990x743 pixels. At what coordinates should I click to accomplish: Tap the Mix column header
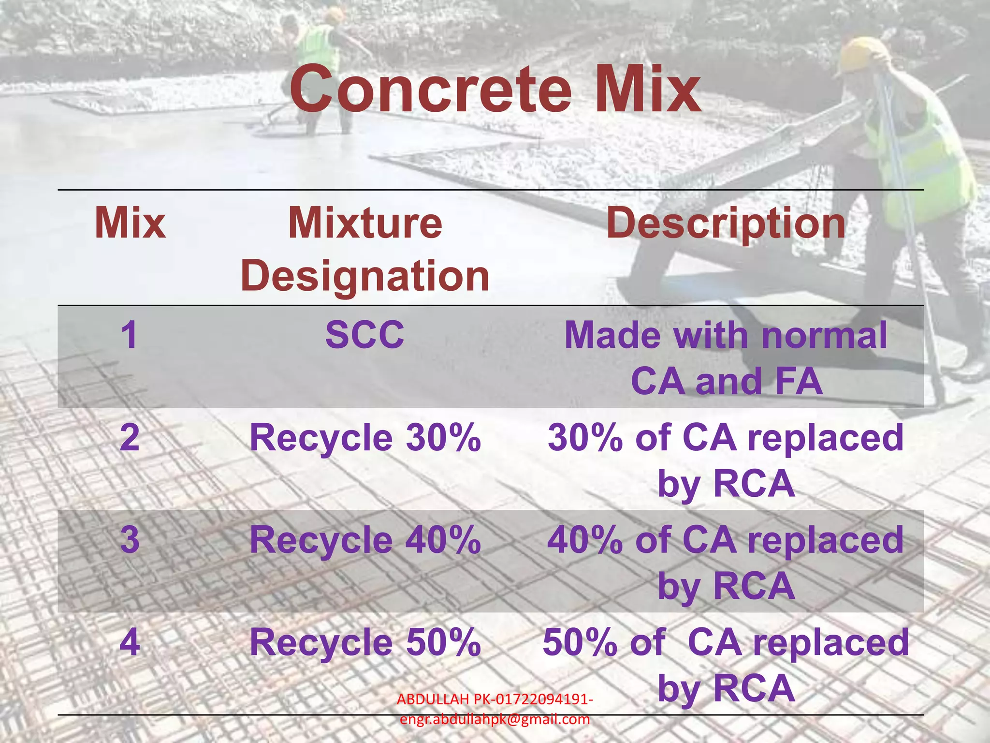coord(130,223)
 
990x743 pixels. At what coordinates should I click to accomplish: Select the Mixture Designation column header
coord(365,249)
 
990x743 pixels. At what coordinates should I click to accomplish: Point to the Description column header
coord(726,223)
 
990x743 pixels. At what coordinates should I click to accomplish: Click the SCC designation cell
coord(364,335)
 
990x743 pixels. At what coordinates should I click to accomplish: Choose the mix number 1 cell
coord(130,335)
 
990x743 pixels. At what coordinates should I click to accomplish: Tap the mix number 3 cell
coord(130,540)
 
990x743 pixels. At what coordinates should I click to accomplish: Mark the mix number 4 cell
coord(130,642)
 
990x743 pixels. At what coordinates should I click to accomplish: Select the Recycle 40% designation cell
coord(365,540)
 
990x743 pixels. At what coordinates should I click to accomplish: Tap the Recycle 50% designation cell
coord(365,642)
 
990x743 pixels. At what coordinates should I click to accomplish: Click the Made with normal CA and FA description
coord(726,358)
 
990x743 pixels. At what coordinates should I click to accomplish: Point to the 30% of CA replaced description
coord(726,460)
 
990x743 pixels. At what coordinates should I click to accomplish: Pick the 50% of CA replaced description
coord(726,665)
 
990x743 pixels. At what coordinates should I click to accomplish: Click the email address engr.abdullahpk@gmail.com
coord(495,720)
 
